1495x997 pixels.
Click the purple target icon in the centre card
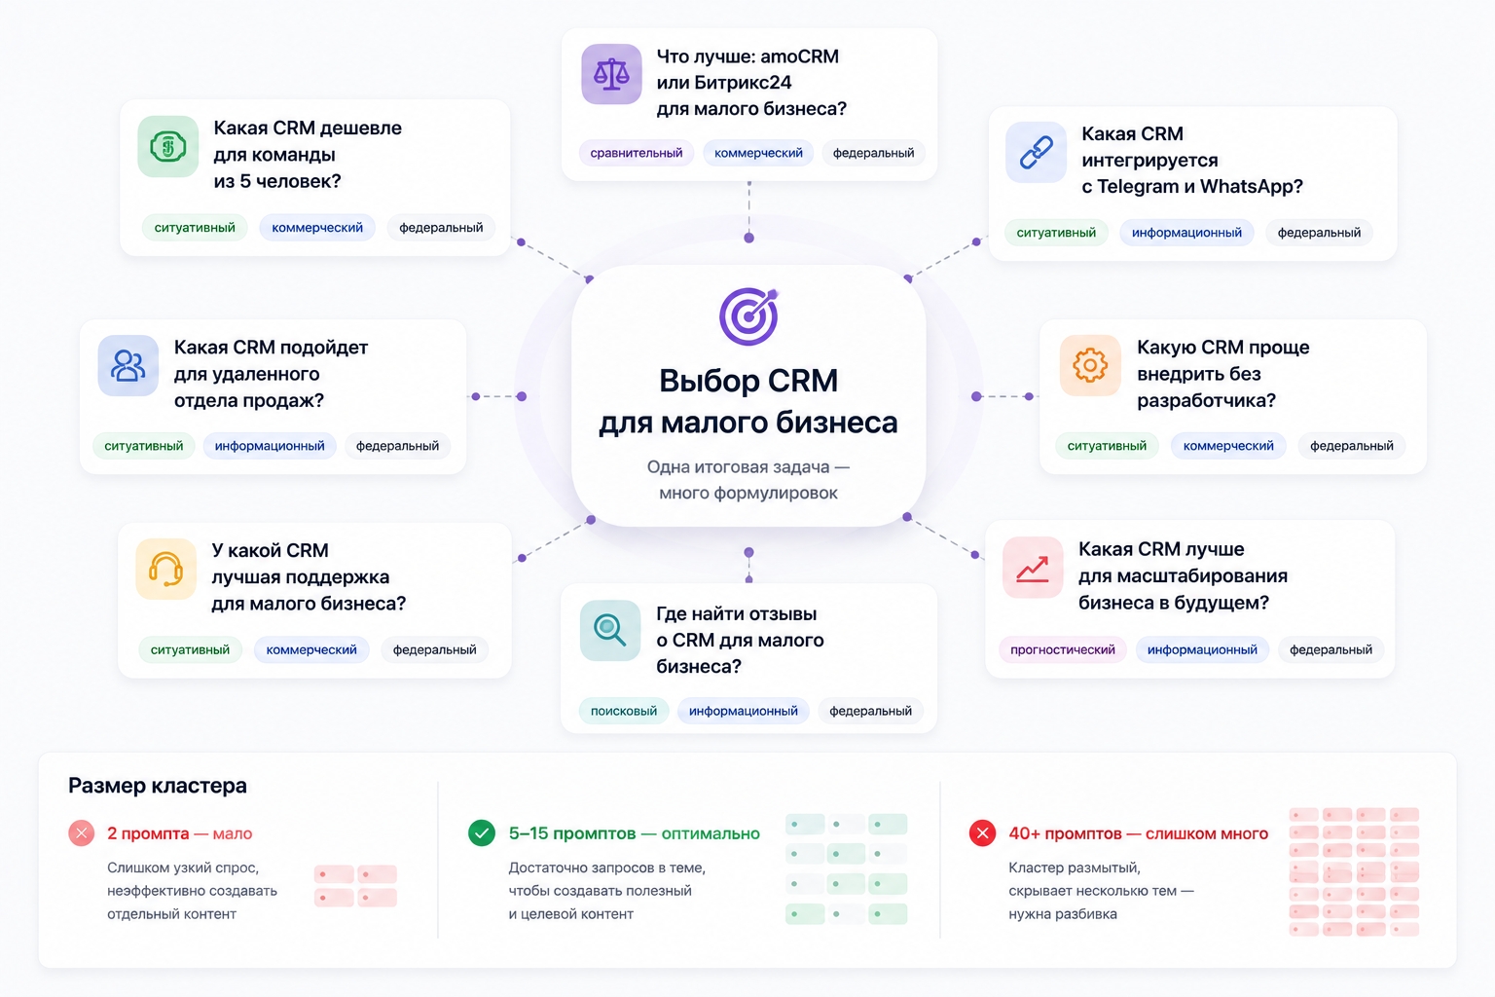tap(748, 315)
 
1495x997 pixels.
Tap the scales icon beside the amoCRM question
tap(611, 74)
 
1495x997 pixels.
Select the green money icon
tap(167, 146)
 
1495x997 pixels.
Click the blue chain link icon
tap(1036, 152)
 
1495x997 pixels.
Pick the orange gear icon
tap(1090, 365)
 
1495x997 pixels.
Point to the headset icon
tap(165, 569)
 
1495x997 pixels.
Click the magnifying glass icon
tap(610, 630)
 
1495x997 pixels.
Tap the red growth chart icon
tap(1033, 568)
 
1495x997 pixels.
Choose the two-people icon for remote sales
tap(128, 365)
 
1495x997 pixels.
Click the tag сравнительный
tap(636, 153)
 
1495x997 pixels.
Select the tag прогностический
tap(1063, 649)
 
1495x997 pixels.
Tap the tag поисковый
tap(623, 711)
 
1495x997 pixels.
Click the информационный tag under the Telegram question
tap(1186, 233)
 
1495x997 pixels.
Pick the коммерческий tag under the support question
tap(311, 649)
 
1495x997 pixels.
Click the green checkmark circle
tap(481, 832)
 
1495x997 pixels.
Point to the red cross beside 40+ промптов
tap(982, 832)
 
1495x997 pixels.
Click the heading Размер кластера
tap(158, 786)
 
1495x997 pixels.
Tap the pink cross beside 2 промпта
tap(82, 832)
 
